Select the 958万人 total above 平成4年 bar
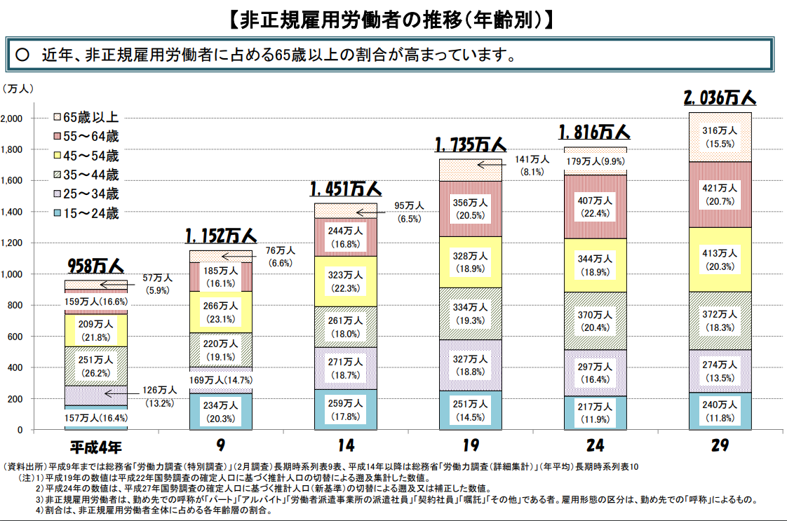pos(95,266)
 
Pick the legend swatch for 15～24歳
pos(58,213)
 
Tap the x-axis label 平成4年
pos(95,446)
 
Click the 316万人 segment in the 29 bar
pos(720,137)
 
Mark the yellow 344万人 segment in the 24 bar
pos(595,265)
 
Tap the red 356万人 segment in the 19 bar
pos(470,209)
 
